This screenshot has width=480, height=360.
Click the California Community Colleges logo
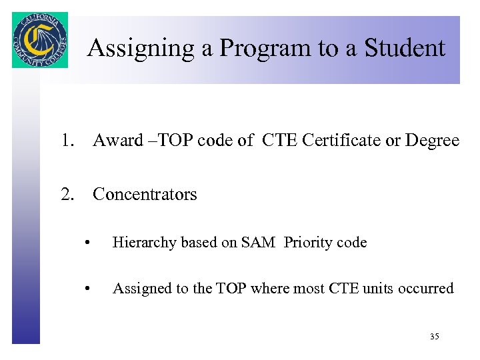click(x=40, y=40)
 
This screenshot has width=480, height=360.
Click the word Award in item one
click(x=118, y=141)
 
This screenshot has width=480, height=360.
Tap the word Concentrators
click(x=145, y=195)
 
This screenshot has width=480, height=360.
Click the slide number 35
click(x=434, y=337)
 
